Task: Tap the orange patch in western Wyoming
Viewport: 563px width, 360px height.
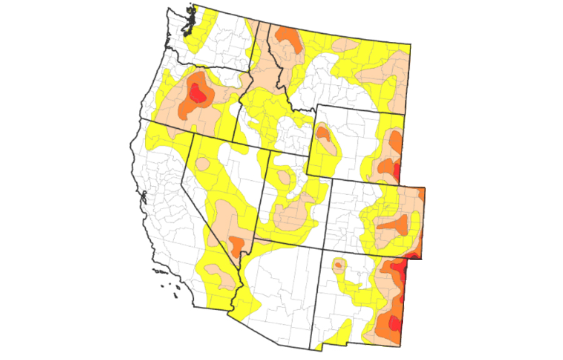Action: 323,134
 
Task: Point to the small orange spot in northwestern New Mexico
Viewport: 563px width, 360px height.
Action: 338,265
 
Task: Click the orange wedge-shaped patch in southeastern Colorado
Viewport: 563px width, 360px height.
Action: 394,224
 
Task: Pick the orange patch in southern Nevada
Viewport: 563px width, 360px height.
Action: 236,242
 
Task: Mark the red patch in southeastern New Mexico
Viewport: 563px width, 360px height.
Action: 393,323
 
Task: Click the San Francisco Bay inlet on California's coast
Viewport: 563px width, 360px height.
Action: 144,199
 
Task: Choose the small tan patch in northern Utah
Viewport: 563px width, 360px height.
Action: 285,177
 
